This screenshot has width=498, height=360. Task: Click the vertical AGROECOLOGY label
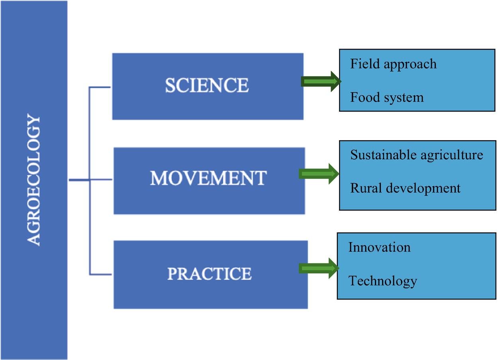(x=34, y=180)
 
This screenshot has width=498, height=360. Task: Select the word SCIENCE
(x=207, y=85)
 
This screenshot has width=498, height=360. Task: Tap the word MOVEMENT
(x=208, y=178)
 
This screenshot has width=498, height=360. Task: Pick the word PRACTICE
(x=210, y=274)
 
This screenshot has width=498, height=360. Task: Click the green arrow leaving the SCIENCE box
(x=321, y=82)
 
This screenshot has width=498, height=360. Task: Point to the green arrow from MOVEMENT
(x=319, y=174)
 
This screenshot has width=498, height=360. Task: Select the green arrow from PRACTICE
(x=319, y=268)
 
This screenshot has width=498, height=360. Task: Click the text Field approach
(x=393, y=65)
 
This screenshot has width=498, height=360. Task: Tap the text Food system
(x=387, y=98)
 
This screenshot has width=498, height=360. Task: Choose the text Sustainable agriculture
(x=417, y=155)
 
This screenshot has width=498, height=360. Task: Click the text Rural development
(x=405, y=189)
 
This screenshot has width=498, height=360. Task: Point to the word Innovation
(x=379, y=247)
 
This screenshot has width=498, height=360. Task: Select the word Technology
(x=382, y=281)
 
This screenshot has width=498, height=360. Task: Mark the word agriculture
(x=452, y=156)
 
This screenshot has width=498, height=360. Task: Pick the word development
(x=423, y=189)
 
